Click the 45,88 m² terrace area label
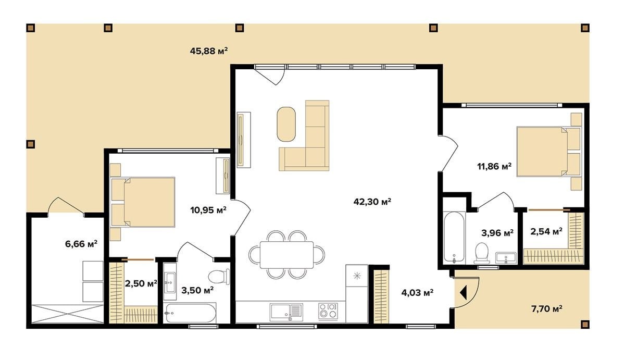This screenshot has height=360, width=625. click(x=209, y=51)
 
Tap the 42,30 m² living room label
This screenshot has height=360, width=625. click(x=372, y=202)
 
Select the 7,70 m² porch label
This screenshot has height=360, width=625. click(x=546, y=308)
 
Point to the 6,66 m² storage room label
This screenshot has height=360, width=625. click(x=81, y=244)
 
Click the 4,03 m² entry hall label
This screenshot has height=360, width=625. click(x=417, y=293)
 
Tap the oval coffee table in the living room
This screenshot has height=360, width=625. click(x=286, y=124)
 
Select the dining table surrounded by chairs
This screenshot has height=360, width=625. click(x=286, y=255)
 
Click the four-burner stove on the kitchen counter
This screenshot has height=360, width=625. click(x=328, y=311)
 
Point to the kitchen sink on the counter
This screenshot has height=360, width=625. click(x=286, y=312)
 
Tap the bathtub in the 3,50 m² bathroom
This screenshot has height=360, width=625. click(x=190, y=313)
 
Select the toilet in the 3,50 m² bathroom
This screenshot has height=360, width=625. click(x=219, y=277)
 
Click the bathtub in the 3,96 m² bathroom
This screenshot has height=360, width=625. click(x=454, y=238)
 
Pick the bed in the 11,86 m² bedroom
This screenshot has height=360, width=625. click(x=549, y=152)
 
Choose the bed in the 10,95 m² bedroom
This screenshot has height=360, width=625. click(x=143, y=202)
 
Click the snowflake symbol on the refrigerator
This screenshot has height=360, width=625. click(x=357, y=276)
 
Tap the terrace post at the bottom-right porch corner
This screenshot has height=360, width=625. click(x=585, y=324)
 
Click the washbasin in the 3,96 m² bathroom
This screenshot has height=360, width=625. click(x=506, y=258)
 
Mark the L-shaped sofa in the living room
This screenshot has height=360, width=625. click(x=304, y=135)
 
